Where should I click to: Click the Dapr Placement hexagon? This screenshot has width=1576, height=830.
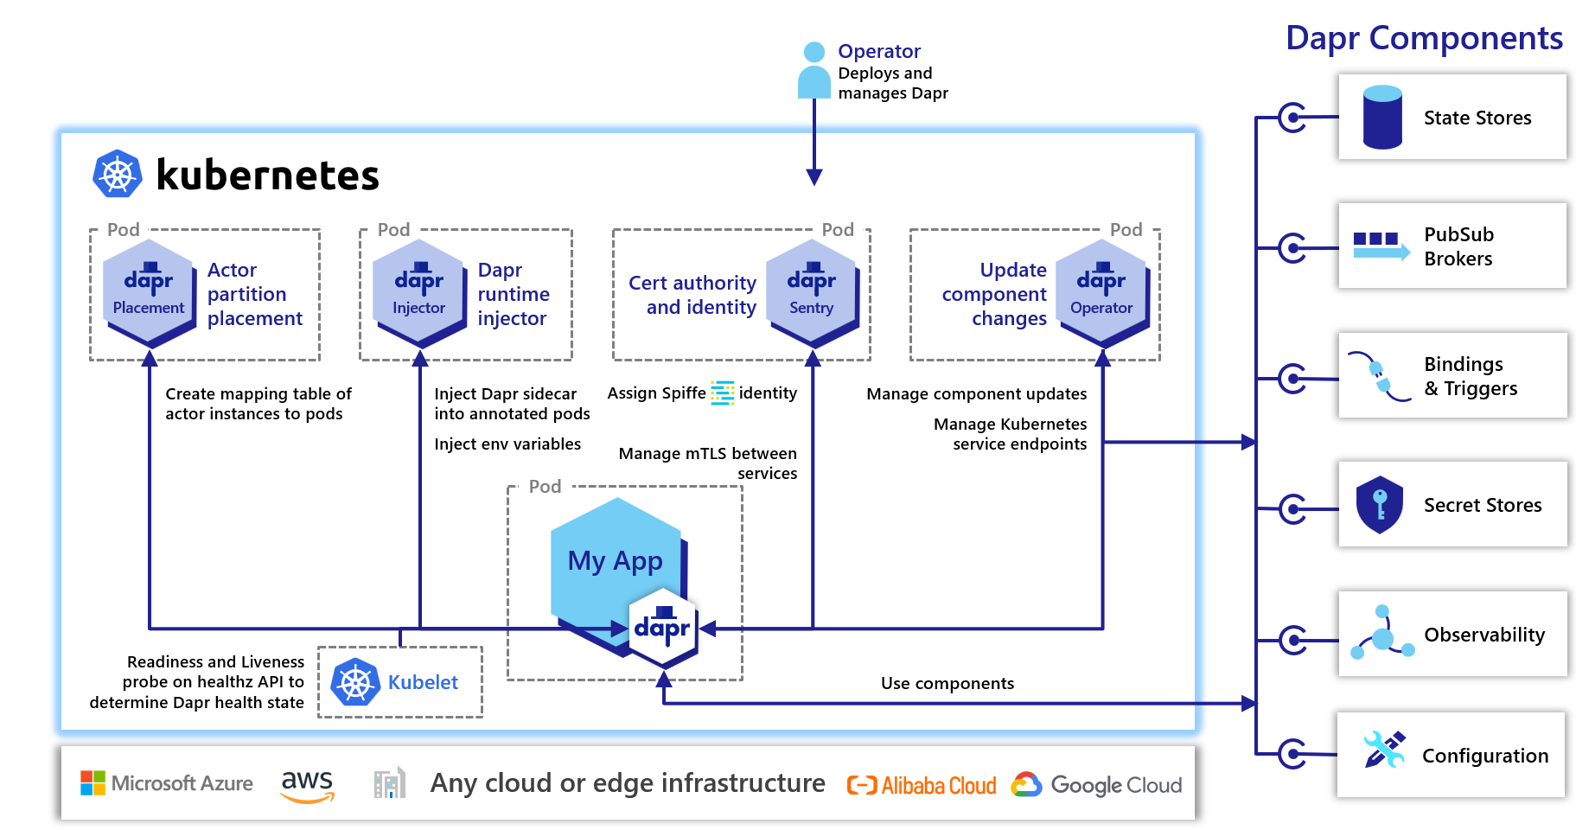point(148,292)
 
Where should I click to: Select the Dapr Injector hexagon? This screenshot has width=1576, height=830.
point(418,292)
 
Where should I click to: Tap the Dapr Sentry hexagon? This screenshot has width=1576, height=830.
point(811,292)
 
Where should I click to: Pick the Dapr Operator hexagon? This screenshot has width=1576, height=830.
point(1101,292)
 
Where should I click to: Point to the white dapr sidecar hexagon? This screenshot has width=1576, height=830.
point(662,628)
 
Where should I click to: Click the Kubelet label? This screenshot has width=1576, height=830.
point(423,682)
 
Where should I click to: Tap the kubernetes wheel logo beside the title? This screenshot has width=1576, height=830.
point(117,174)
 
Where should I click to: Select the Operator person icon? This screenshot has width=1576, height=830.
point(814,70)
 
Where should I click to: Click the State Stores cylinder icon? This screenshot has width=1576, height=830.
point(1381,117)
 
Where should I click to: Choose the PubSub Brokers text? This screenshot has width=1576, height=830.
point(1458,246)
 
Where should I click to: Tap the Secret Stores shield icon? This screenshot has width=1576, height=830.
point(1379,504)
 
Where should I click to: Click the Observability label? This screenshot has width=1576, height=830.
point(1483,635)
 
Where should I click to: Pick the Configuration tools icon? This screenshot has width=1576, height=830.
point(1383,750)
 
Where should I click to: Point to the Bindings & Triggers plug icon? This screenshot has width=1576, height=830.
point(1380,377)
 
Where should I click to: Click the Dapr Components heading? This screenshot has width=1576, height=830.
point(1423,38)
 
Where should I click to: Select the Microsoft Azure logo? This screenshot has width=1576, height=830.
point(167,783)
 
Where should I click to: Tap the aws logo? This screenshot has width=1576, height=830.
point(307,784)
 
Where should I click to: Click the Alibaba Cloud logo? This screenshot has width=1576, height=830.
point(921,785)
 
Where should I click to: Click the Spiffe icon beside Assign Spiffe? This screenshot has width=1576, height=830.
point(722,393)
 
